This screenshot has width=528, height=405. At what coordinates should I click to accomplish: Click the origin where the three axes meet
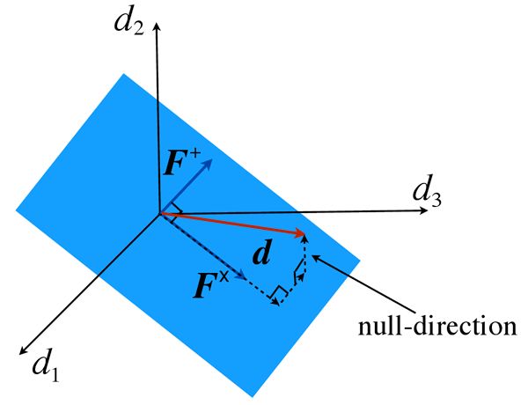158,212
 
